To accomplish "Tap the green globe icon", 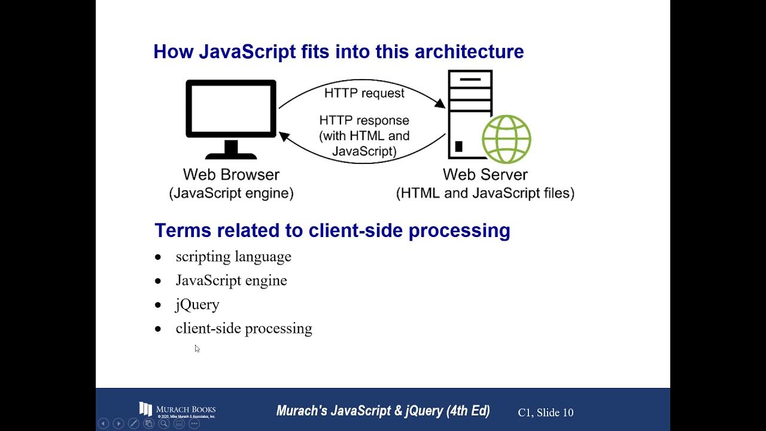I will coord(506,139).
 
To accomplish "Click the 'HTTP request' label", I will coord(364,93).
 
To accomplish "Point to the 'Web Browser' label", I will coord(231,175).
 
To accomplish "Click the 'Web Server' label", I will coord(485,175).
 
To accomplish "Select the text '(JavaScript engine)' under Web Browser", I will coord(231,193).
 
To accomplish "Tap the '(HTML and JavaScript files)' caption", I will coord(485,193).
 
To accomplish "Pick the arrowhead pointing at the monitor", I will coord(285,136).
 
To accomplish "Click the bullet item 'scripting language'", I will coord(233,257).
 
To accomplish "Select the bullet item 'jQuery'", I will coord(197,305).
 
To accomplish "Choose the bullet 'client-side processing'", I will coord(244,329).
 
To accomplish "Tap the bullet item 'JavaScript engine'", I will coord(231,281).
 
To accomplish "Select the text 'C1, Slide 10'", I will coord(545,412).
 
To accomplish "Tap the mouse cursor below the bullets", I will coord(197,348).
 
